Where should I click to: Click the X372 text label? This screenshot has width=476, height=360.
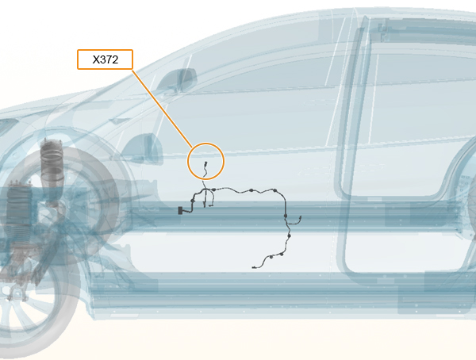[x=105, y=59]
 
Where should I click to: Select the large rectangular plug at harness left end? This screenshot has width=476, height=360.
[x=180, y=210]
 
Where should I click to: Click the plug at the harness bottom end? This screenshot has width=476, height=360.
[x=254, y=267]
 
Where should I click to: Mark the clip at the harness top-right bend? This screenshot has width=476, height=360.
[x=274, y=190]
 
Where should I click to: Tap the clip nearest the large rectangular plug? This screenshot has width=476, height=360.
[x=192, y=201]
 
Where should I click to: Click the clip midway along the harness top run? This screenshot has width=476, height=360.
[x=251, y=190]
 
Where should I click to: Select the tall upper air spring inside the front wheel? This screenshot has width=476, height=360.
[x=52, y=171]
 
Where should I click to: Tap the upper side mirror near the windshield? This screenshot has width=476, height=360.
[x=180, y=79]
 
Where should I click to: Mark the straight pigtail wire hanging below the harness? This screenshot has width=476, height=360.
[x=205, y=201]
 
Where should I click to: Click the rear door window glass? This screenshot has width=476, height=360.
[x=422, y=91]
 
